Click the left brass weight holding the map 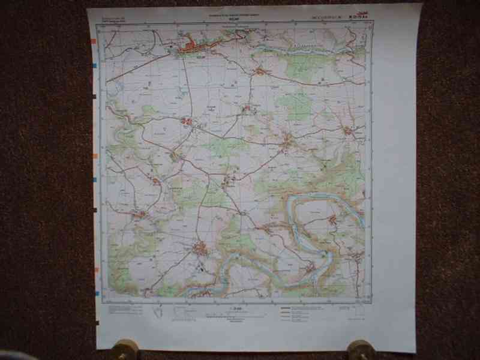[x=125, y=349]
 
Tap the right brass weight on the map [x=362, y=349]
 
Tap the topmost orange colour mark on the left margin [x=94, y=41]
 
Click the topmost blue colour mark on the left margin [x=95, y=64]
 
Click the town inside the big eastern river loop [x=332, y=220]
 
